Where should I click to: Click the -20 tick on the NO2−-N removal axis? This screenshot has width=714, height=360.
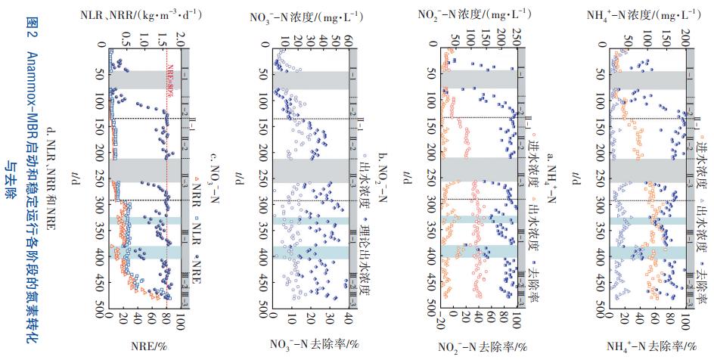tap(442, 324)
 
